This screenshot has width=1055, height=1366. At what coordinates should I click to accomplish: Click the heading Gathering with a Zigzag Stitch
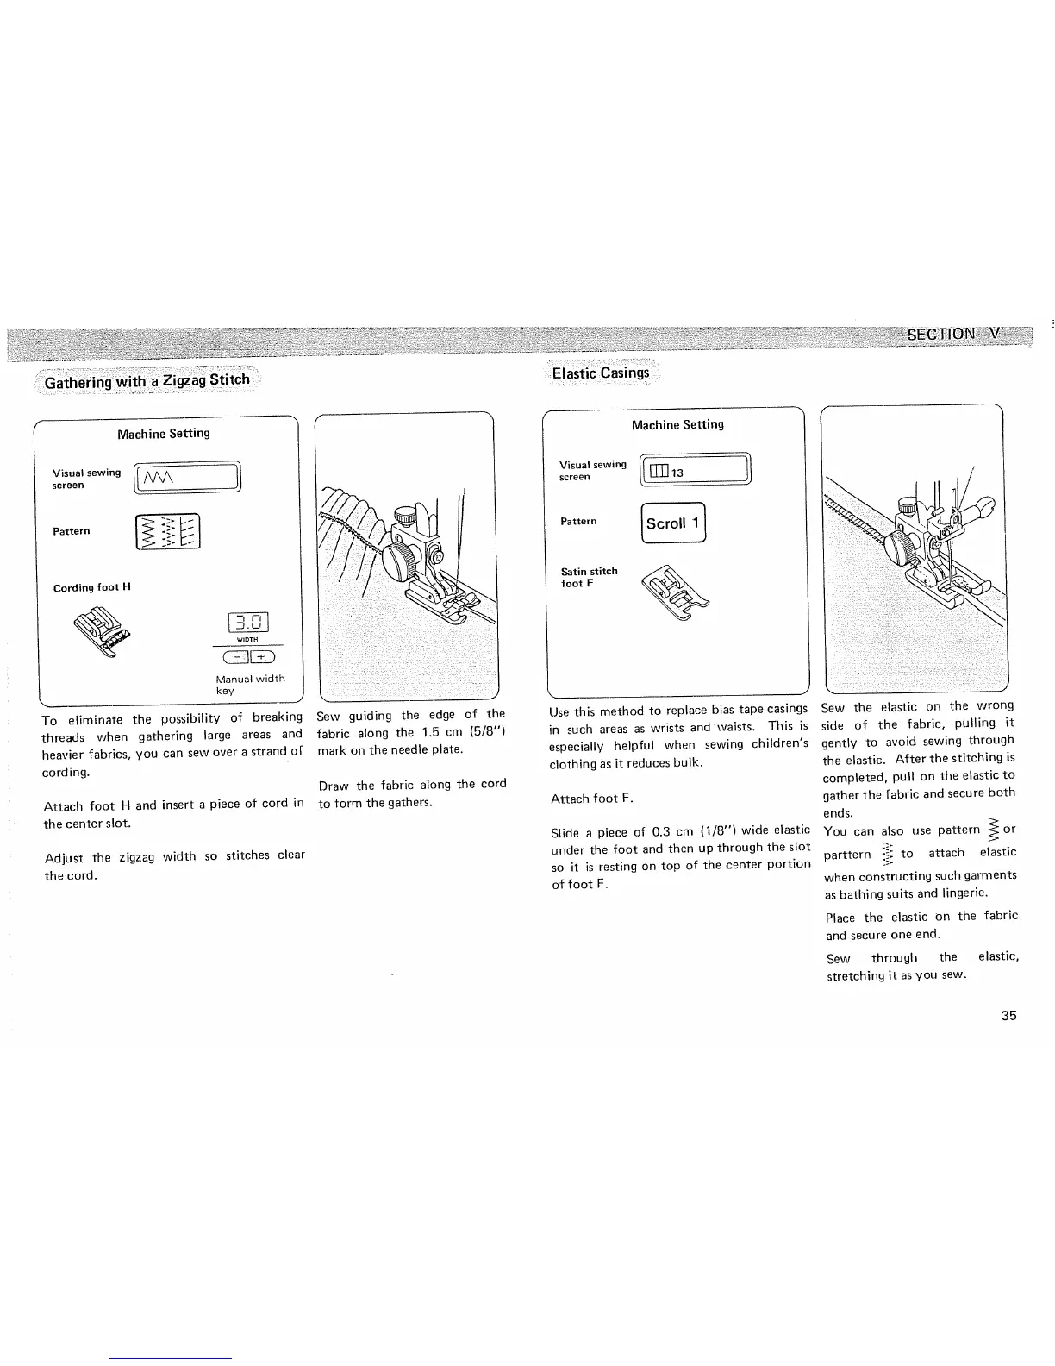click(147, 380)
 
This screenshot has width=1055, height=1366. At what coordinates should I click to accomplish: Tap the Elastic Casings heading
click(601, 373)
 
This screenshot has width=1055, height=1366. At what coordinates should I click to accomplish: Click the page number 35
click(1008, 1015)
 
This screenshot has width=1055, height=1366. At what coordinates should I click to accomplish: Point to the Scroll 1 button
click(674, 523)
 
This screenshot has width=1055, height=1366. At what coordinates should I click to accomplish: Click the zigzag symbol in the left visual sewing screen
click(159, 477)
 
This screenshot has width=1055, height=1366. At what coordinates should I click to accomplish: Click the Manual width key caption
click(250, 684)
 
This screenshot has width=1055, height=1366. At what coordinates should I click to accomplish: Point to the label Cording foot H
click(92, 587)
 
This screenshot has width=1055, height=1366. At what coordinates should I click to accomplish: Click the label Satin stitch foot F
click(589, 577)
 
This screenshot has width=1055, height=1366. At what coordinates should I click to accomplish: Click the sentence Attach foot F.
click(591, 799)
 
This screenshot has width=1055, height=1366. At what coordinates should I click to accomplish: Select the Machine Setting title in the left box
click(163, 433)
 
